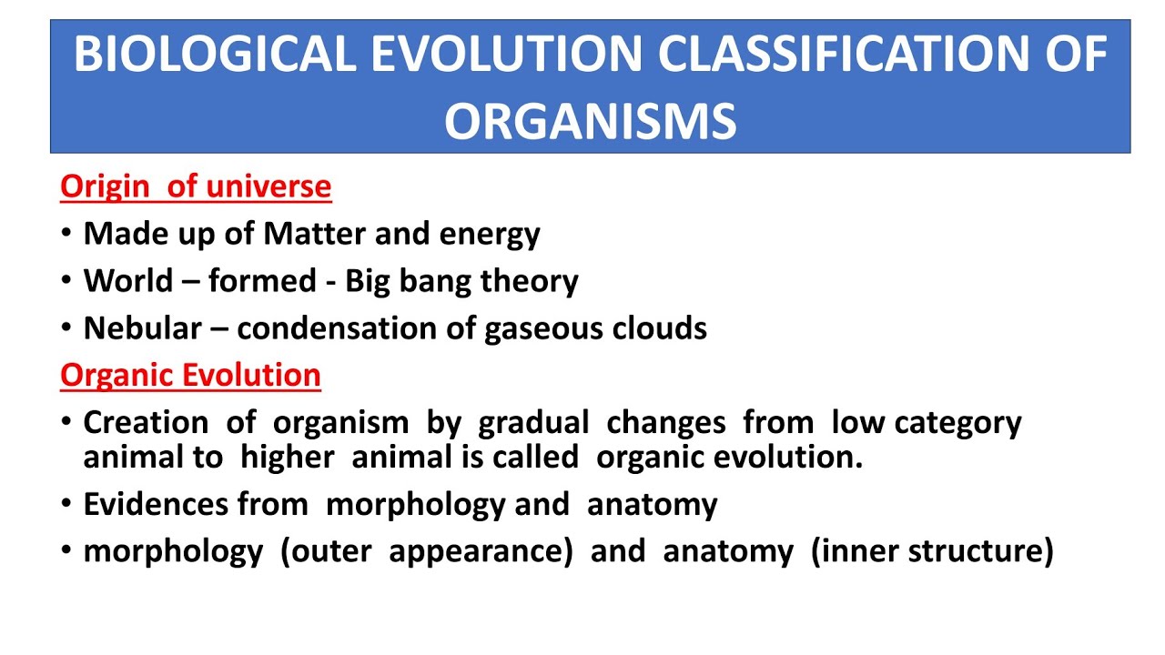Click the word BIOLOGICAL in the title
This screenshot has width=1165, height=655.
click(215, 55)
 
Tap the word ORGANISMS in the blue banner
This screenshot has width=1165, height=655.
click(590, 120)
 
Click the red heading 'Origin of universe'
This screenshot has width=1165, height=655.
click(196, 186)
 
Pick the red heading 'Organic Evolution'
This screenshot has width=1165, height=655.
click(190, 375)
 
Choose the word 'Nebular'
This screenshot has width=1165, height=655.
click(142, 327)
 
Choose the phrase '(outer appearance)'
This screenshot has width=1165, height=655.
click(426, 551)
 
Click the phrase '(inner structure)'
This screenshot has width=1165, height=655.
click(932, 551)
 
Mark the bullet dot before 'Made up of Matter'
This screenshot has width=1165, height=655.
click(66, 235)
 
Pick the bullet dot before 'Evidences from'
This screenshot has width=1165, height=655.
click(66, 505)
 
